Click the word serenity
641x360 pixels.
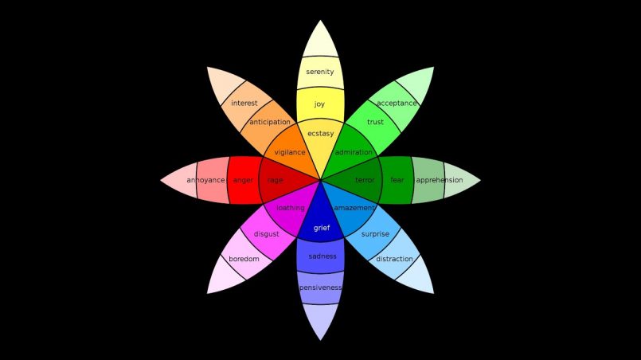point(320,72)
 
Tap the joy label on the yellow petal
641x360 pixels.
point(319,104)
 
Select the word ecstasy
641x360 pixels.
point(320,134)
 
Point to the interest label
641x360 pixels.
point(244,103)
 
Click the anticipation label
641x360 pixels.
point(270,122)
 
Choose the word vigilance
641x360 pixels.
point(290,152)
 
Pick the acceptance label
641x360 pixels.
point(397,103)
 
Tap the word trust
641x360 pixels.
point(375,122)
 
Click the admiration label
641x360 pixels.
point(354,152)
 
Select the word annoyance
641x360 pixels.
point(205,180)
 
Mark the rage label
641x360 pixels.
point(276,181)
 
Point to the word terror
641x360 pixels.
point(365,180)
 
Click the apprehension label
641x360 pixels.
point(440,180)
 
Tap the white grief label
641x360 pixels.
point(322,228)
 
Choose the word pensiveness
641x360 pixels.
point(320,288)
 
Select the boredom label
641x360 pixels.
point(244,259)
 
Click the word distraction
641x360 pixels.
point(394,259)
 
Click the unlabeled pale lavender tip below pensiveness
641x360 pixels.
point(320,319)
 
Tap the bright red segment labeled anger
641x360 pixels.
point(244,180)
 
